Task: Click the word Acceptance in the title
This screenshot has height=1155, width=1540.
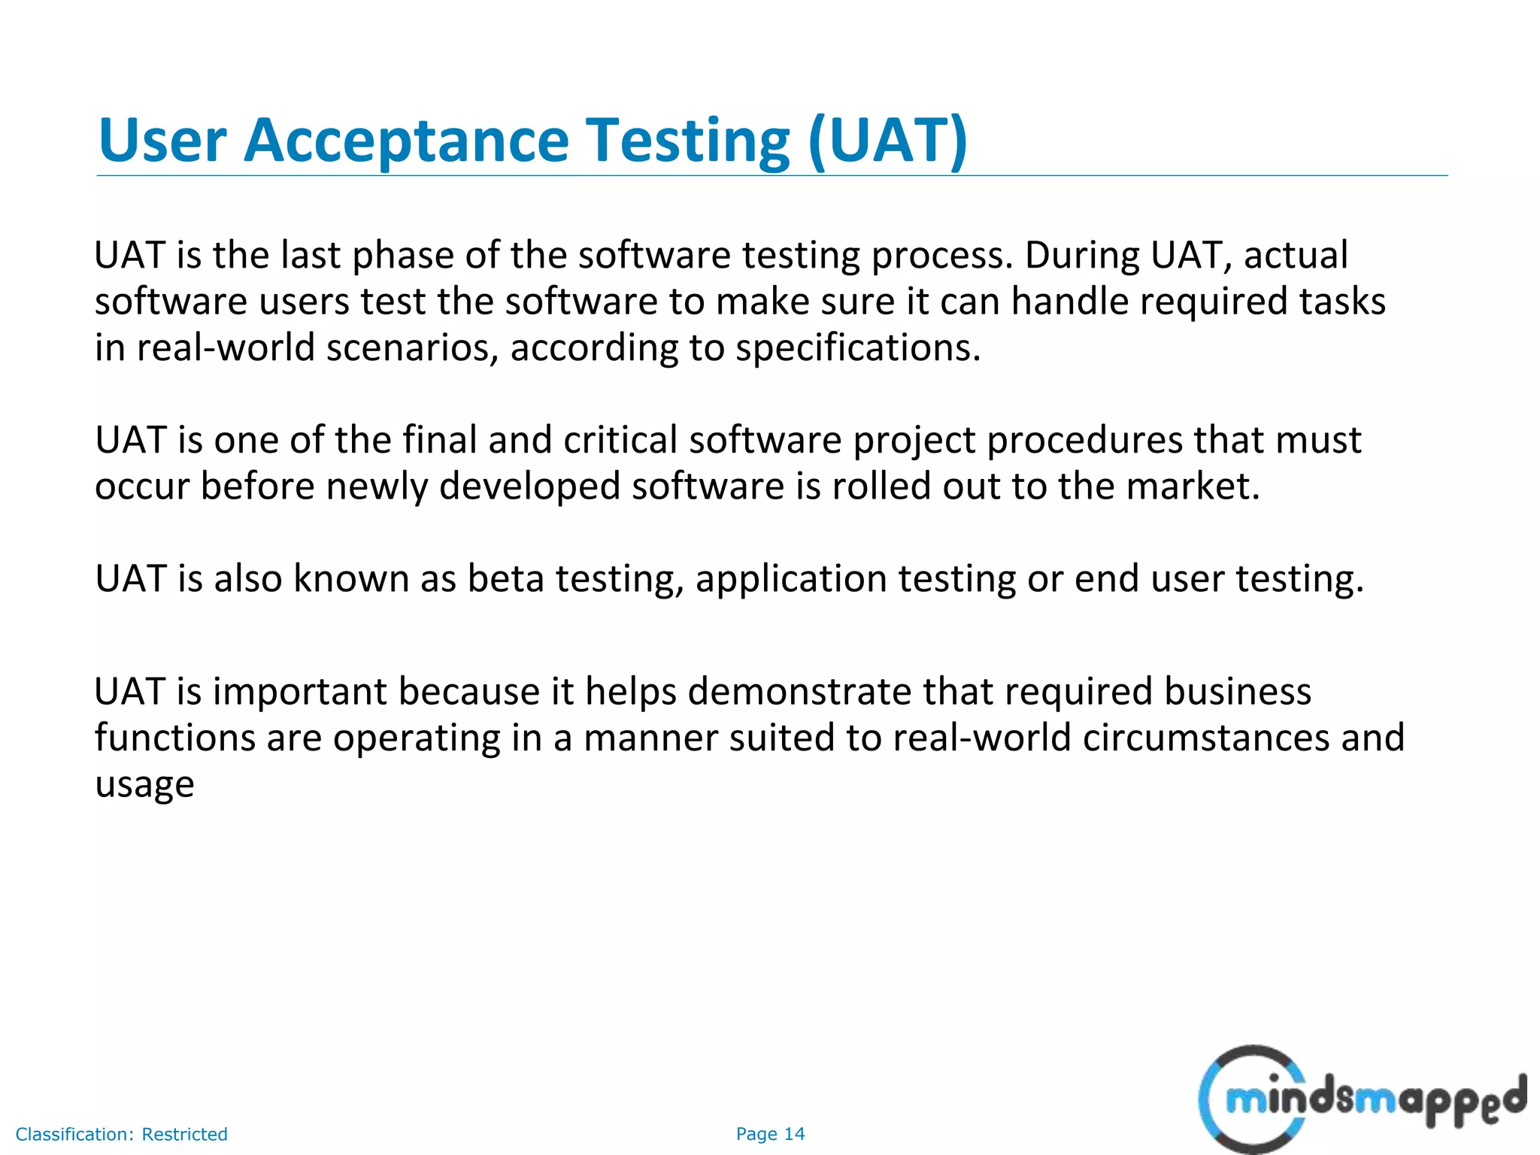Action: point(406,141)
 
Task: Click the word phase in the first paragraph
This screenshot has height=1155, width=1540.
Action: point(402,256)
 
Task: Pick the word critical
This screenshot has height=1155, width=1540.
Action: point(620,440)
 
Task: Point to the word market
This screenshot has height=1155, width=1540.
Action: point(1192,487)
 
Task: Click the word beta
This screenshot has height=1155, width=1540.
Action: point(505,579)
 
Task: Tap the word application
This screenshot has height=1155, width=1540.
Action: point(791,579)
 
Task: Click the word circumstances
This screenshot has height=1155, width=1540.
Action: point(1205,738)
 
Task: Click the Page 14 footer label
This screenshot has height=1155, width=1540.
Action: point(770,1134)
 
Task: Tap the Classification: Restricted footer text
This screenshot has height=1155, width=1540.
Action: point(121,1134)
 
